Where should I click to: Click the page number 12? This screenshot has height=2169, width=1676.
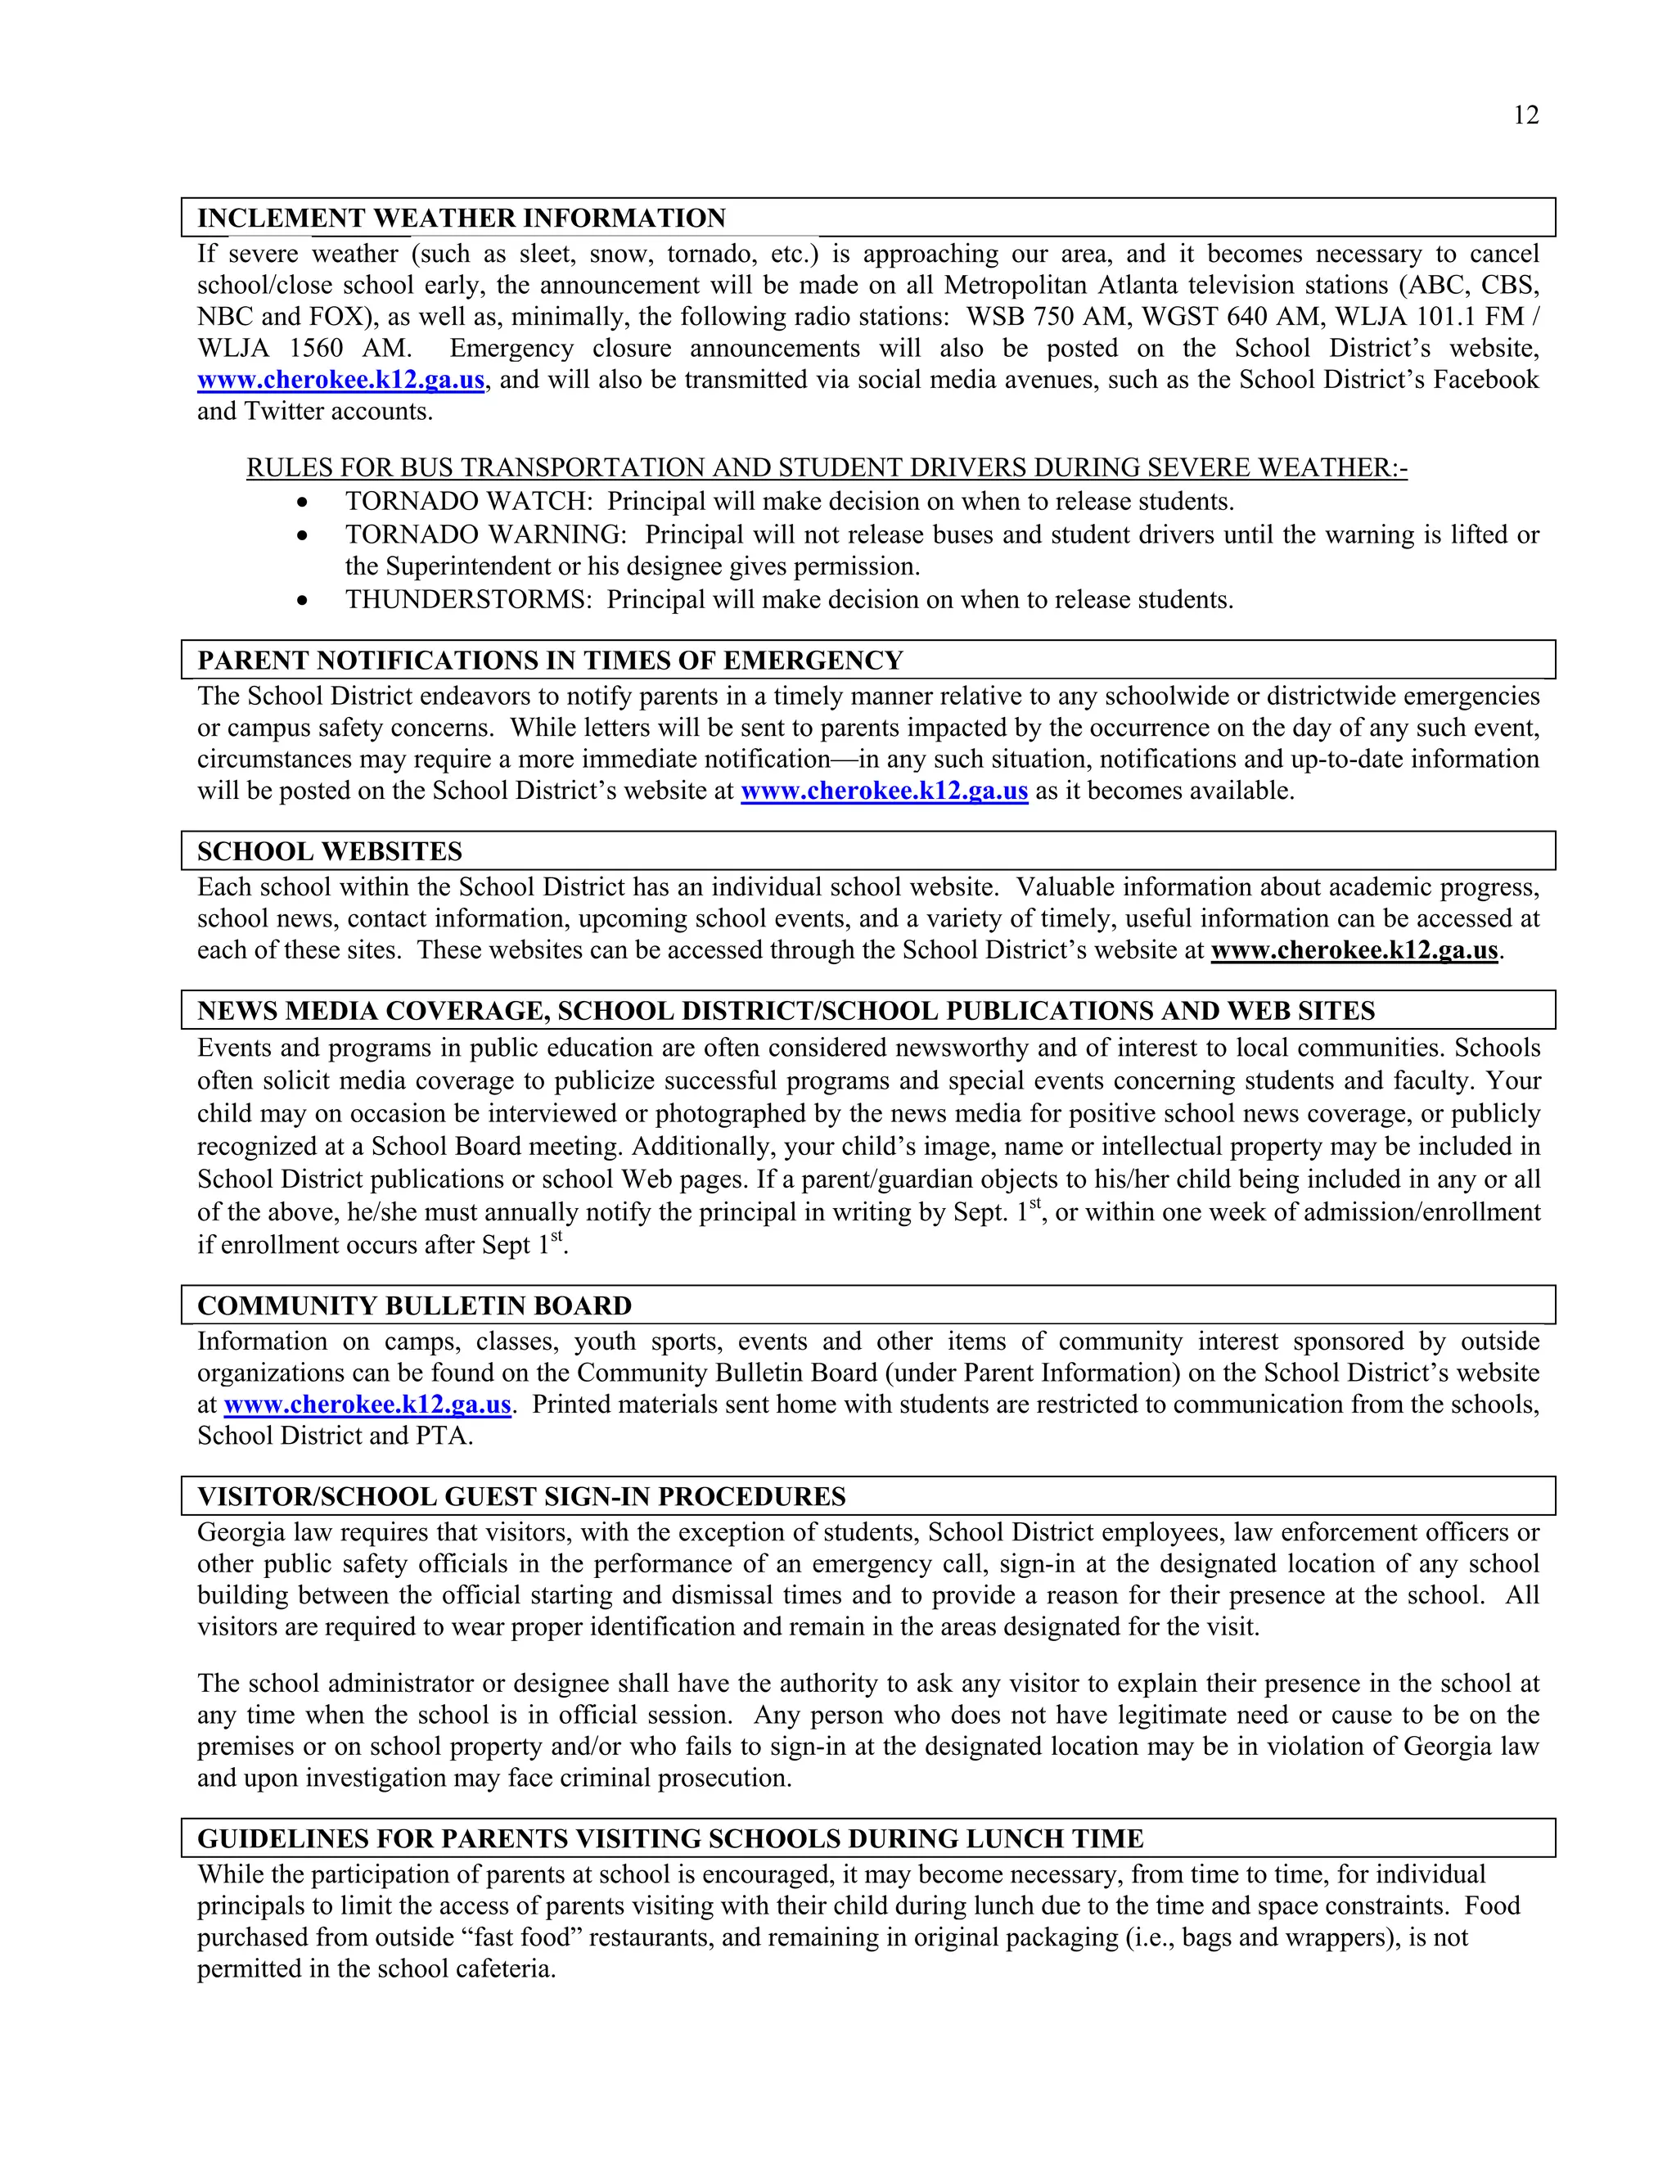(x=1526, y=116)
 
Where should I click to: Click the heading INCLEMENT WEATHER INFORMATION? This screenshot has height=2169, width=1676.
(x=462, y=219)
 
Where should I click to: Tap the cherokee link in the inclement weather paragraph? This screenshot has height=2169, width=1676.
(x=340, y=381)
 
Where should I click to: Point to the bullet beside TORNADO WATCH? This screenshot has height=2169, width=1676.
(x=303, y=503)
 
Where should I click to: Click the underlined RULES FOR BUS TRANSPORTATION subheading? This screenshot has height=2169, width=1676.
(x=826, y=467)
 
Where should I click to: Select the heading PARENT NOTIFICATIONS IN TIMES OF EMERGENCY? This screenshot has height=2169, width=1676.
(x=550, y=661)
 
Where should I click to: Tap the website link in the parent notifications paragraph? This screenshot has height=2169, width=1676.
(x=884, y=791)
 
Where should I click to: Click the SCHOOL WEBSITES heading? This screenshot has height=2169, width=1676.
(x=330, y=851)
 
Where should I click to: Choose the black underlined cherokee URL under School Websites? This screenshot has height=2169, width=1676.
(x=1354, y=950)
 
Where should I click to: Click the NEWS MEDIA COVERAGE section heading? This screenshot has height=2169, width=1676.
(x=786, y=1011)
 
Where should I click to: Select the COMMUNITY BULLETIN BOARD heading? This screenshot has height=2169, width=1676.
(x=414, y=1306)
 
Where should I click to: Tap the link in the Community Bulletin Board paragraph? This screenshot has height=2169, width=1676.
(x=367, y=1405)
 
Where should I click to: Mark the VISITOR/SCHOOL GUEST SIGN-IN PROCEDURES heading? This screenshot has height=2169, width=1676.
(x=521, y=1497)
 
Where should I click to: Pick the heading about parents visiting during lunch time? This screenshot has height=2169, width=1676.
(x=670, y=1838)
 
